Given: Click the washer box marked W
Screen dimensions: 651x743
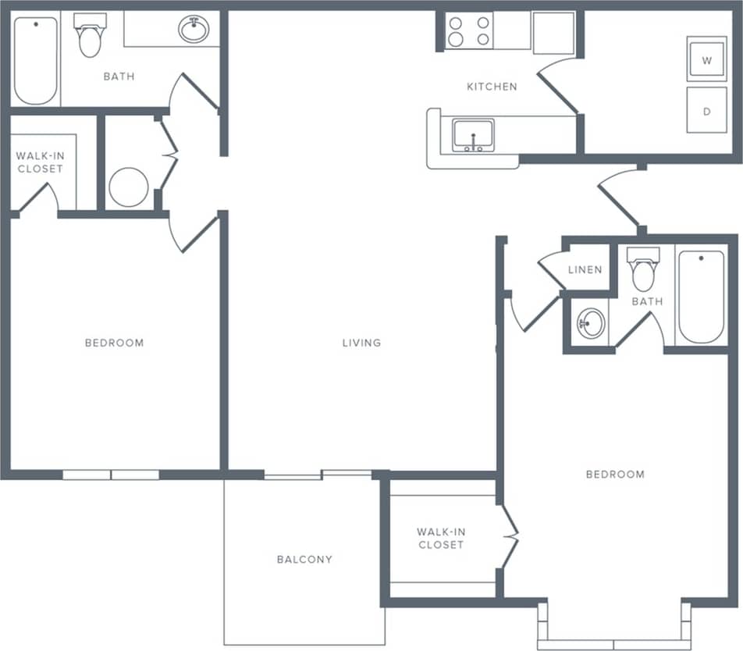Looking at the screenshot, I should pyautogui.click(x=706, y=60).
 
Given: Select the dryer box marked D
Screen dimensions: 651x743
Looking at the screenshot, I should pyautogui.click(x=706, y=111).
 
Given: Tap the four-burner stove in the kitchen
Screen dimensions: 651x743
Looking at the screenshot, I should pyautogui.click(x=469, y=31).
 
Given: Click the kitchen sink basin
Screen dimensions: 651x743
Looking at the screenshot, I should pyautogui.click(x=473, y=135).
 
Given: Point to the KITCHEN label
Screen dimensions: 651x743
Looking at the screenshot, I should pyautogui.click(x=492, y=87).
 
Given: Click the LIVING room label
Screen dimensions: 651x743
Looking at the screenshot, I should pyautogui.click(x=361, y=342).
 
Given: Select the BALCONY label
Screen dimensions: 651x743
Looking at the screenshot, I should pyautogui.click(x=304, y=559).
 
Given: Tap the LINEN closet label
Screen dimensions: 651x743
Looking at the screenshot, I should pyautogui.click(x=585, y=270).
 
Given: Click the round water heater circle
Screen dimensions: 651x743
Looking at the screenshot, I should pyautogui.click(x=129, y=187).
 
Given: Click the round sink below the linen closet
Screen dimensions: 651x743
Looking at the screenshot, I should pyautogui.click(x=591, y=322).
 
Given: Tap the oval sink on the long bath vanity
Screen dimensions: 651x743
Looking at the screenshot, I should pyautogui.click(x=193, y=30).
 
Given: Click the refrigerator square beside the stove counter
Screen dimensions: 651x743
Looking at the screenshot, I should pyautogui.click(x=554, y=32).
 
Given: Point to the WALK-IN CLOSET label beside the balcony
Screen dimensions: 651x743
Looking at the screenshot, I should pyautogui.click(x=441, y=539).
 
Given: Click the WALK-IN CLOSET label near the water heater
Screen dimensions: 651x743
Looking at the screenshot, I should pyautogui.click(x=41, y=162).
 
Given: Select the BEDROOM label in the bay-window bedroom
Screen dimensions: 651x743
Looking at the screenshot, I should pyautogui.click(x=616, y=474).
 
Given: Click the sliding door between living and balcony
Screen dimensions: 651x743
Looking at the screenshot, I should pyautogui.click(x=318, y=474).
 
